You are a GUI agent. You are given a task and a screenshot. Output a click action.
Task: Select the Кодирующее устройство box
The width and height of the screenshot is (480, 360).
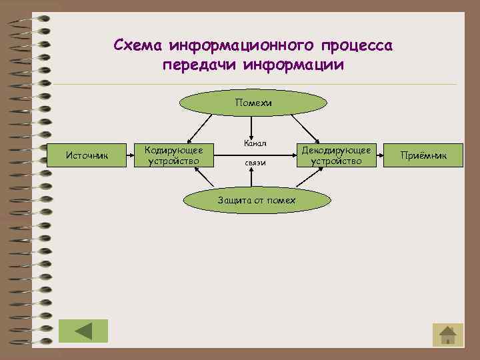point(174,155)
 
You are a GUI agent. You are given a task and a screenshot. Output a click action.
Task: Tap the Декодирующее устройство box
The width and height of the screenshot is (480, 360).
point(337,155)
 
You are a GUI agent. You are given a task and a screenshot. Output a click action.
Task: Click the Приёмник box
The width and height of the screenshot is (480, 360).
point(423,156)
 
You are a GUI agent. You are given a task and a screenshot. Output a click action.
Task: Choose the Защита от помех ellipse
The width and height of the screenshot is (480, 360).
point(257,201)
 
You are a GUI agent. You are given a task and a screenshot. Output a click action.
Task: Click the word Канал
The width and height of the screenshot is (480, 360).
point(255,143)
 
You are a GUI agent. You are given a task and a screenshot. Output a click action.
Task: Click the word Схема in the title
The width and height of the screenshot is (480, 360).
point(138,46)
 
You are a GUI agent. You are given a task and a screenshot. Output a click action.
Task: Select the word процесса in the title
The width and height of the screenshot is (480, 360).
point(358,46)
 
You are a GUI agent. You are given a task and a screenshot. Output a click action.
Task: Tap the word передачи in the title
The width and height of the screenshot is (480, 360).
point(200,65)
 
